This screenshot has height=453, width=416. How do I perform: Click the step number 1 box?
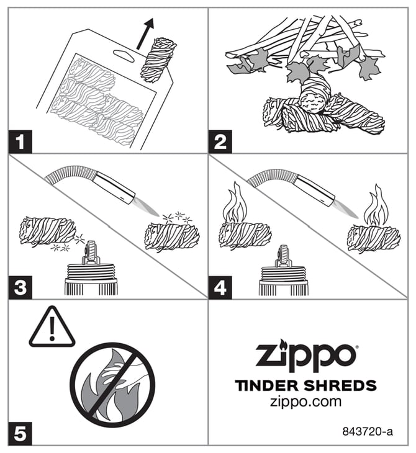pos(20,141)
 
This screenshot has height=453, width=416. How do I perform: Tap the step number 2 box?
pos(220,141)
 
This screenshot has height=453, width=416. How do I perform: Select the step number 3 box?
pos(20,287)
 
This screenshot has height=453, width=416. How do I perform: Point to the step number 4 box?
pos(220,287)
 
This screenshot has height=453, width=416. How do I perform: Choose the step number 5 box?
pos(20,433)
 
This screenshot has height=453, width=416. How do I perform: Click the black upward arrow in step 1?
pos(145,34)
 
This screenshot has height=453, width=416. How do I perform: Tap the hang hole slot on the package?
pos(124,55)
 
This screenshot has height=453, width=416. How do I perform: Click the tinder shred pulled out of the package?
pos(158,60)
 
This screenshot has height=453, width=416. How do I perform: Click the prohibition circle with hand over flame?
pos(112,385)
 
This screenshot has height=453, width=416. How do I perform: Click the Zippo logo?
pos(307,356)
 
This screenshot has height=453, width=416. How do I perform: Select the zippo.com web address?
pos(305,401)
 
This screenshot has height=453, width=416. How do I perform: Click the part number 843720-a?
pos(368,432)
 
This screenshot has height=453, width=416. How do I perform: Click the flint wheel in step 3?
pos(91,250)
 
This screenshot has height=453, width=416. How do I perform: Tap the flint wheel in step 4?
pos(285,255)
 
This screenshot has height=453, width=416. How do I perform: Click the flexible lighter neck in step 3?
pos(71,173)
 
